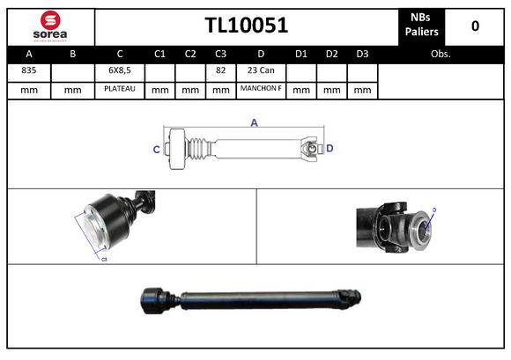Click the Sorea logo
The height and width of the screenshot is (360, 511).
[x=49, y=26]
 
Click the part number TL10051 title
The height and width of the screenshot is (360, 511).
[x=247, y=26]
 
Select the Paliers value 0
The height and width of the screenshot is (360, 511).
[x=475, y=26]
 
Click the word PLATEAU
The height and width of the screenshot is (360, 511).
[x=120, y=89]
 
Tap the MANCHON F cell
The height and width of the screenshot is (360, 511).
[x=261, y=89]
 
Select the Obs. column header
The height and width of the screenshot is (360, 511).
[x=441, y=54]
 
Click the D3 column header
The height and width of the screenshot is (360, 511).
[x=361, y=54]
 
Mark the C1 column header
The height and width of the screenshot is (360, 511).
[x=159, y=54]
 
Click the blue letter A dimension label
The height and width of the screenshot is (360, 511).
[x=254, y=123]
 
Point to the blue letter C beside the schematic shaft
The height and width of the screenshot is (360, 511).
[x=156, y=150]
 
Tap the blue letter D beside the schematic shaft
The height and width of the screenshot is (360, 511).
[x=330, y=149]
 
